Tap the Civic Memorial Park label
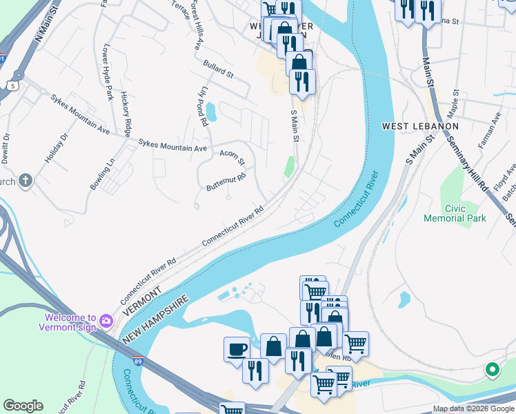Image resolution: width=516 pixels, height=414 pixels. point(455,213)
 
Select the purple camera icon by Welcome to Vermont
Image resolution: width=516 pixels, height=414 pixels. point(106,321)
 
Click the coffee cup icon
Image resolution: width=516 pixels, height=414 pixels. point(237,348)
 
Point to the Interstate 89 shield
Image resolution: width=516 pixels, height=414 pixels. point(139,361)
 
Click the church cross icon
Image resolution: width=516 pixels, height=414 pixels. point(26,181)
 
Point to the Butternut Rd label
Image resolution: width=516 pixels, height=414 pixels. point(226,181)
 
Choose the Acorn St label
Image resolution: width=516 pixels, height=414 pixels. point(232,157)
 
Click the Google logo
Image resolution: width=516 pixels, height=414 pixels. point(23,406)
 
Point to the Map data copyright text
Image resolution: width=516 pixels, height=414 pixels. point(473,408)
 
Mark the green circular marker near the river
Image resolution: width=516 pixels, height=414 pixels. point(492,370)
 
